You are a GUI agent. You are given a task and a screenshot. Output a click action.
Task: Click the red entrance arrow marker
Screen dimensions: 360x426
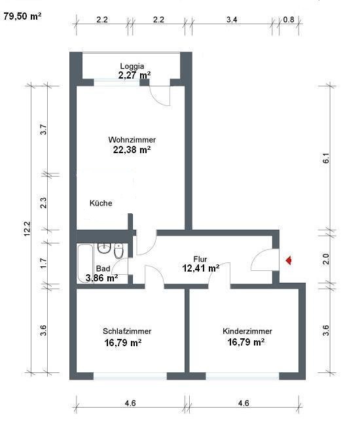click(x=289, y=260)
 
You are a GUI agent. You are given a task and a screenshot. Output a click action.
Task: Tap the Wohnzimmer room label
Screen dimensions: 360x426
click(x=132, y=139)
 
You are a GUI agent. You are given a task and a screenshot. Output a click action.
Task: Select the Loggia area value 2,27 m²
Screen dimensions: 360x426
click(x=134, y=75)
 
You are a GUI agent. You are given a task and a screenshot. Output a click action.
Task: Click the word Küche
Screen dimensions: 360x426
click(x=101, y=203)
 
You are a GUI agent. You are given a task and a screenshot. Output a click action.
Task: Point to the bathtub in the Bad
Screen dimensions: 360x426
click(x=86, y=264)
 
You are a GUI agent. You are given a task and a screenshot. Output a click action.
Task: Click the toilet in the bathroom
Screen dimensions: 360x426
click(x=118, y=251)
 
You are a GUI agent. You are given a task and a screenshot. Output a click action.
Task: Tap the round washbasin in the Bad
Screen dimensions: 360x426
click(x=104, y=248)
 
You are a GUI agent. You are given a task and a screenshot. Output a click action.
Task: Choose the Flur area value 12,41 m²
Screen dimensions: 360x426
click(x=201, y=268)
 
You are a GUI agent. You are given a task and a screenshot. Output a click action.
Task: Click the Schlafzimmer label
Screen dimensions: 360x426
click(x=127, y=331)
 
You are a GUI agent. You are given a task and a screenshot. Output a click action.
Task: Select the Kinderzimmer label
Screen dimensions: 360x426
click(x=247, y=331)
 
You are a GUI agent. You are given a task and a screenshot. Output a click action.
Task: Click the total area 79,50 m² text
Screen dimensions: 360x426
click(x=22, y=16)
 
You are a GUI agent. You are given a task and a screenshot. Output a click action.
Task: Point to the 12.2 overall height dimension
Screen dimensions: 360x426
click(x=27, y=229)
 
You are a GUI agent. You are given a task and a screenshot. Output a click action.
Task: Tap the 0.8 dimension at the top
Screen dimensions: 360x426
click(x=289, y=20)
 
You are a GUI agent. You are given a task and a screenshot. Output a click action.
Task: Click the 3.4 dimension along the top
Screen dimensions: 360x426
click(x=232, y=20)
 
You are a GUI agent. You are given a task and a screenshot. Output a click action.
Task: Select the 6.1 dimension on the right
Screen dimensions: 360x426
click(x=326, y=158)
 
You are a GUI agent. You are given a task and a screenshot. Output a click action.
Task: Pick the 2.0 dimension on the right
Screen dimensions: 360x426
click(x=326, y=259)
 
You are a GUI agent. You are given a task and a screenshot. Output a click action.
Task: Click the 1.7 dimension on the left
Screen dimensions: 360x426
click(x=43, y=263)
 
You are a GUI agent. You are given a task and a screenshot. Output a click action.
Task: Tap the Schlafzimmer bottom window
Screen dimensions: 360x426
click(x=130, y=376)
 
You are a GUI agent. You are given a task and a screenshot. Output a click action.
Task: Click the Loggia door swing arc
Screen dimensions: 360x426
click(x=158, y=98)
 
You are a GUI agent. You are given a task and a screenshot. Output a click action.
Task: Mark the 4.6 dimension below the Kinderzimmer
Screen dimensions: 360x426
click(x=243, y=403)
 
